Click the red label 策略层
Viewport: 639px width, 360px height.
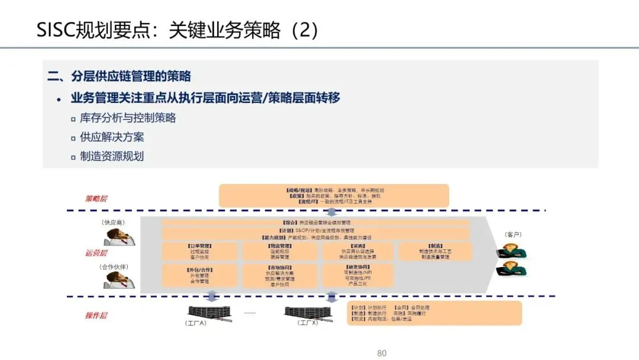click(96, 199)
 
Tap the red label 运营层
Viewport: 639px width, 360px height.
click(96, 253)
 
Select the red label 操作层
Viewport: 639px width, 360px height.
click(96, 316)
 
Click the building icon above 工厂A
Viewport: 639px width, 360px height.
click(202, 312)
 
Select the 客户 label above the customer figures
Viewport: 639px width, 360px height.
click(513, 234)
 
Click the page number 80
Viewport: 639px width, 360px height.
click(382, 353)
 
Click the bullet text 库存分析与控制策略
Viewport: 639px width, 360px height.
click(128, 118)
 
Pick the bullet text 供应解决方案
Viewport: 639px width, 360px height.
click(112, 137)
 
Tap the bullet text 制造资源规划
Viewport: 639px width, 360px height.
click(112, 156)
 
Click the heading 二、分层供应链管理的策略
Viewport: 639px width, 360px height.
click(119, 76)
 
